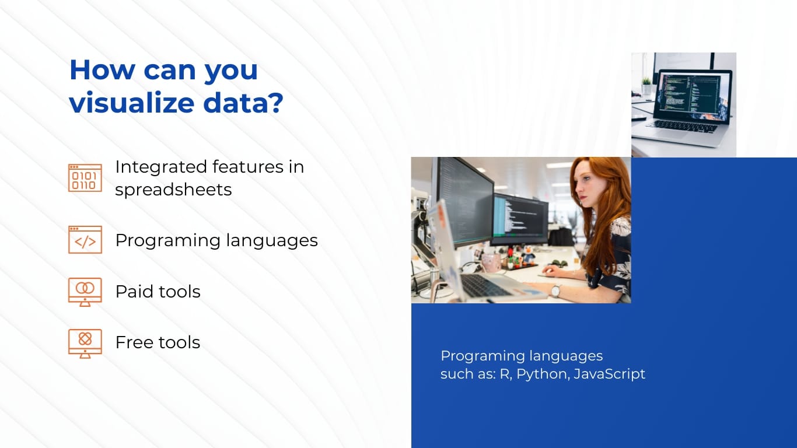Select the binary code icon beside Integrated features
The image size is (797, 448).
pos(85,178)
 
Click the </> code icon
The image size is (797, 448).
pos(85,240)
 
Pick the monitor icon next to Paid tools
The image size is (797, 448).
pos(85,292)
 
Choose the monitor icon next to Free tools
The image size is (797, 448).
pos(85,343)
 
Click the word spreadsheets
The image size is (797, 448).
pos(173,190)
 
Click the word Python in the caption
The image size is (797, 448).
pos(542,374)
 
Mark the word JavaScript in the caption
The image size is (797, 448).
pos(610,374)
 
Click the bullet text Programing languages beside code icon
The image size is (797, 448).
pos(216,240)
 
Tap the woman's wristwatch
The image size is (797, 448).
pos(555,290)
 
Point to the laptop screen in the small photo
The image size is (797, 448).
pos(692,96)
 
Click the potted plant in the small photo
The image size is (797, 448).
pos(646,85)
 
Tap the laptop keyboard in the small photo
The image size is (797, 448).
pos(683,125)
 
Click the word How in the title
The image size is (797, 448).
pos(100,70)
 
